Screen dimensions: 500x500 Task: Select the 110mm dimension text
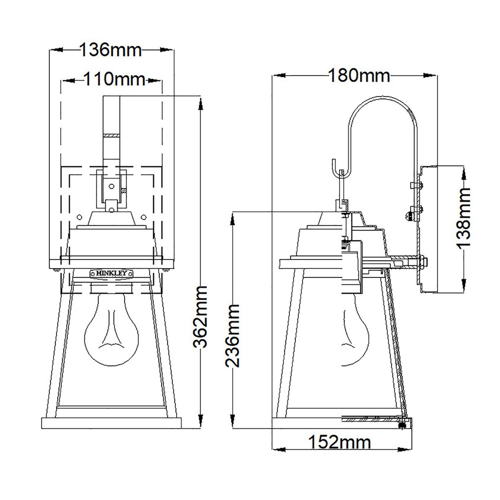tap(114, 80)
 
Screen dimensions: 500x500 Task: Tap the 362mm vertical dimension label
tap(201, 316)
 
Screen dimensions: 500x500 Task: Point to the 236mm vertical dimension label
tap(232, 335)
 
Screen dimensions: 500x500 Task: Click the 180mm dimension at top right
tap(359, 76)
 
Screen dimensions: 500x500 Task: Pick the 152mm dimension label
tap(339, 442)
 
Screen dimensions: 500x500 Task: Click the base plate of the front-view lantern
tap(111, 423)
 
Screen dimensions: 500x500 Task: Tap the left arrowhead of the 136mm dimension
tap(55, 50)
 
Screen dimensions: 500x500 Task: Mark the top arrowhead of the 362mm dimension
tap(201, 103)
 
